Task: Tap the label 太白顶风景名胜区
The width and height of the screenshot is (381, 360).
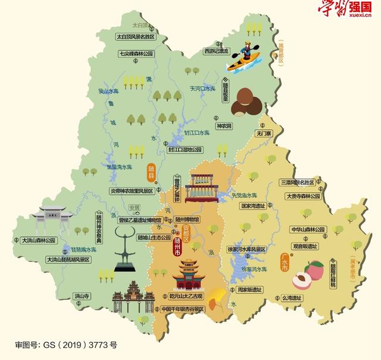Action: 135,37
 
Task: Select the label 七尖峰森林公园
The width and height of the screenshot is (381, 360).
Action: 136,54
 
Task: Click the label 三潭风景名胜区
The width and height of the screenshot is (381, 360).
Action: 299,182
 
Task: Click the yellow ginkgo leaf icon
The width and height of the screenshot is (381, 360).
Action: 219,293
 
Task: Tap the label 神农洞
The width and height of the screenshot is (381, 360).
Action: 223,126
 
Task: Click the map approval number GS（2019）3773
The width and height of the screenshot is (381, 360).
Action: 66,345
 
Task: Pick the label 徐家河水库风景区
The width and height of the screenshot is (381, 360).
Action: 249,249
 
